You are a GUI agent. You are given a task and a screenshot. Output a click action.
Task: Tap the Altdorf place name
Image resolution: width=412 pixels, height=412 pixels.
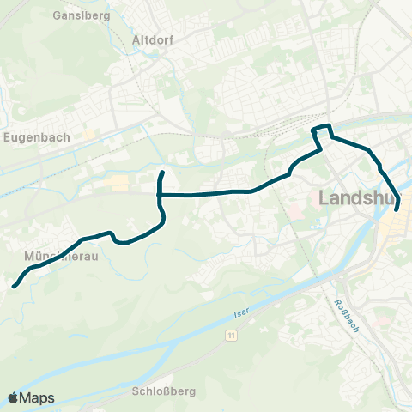pyautogui.click(x=155, y=39)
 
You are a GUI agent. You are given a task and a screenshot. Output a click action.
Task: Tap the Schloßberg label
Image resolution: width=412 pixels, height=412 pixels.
pyautogui.click(x=165, y=391)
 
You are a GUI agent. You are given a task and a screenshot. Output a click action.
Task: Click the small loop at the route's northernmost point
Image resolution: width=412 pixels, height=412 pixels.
pyautogui.click(x=321, y=130)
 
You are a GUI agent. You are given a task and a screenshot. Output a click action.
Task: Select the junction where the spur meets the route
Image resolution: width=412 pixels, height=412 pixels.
pyautogui.click(x=160, y=195)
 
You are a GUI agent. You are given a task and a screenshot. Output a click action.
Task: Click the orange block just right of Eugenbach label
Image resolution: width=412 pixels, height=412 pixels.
pyautogui.click(x=88, y=135)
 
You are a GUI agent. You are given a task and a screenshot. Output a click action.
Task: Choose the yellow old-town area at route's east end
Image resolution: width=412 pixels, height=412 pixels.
pyautogui.click(x=397, y=225)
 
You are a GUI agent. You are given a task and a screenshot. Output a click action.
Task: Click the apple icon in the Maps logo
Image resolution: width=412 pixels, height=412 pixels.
pyautogui.click(x=14, y=397)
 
